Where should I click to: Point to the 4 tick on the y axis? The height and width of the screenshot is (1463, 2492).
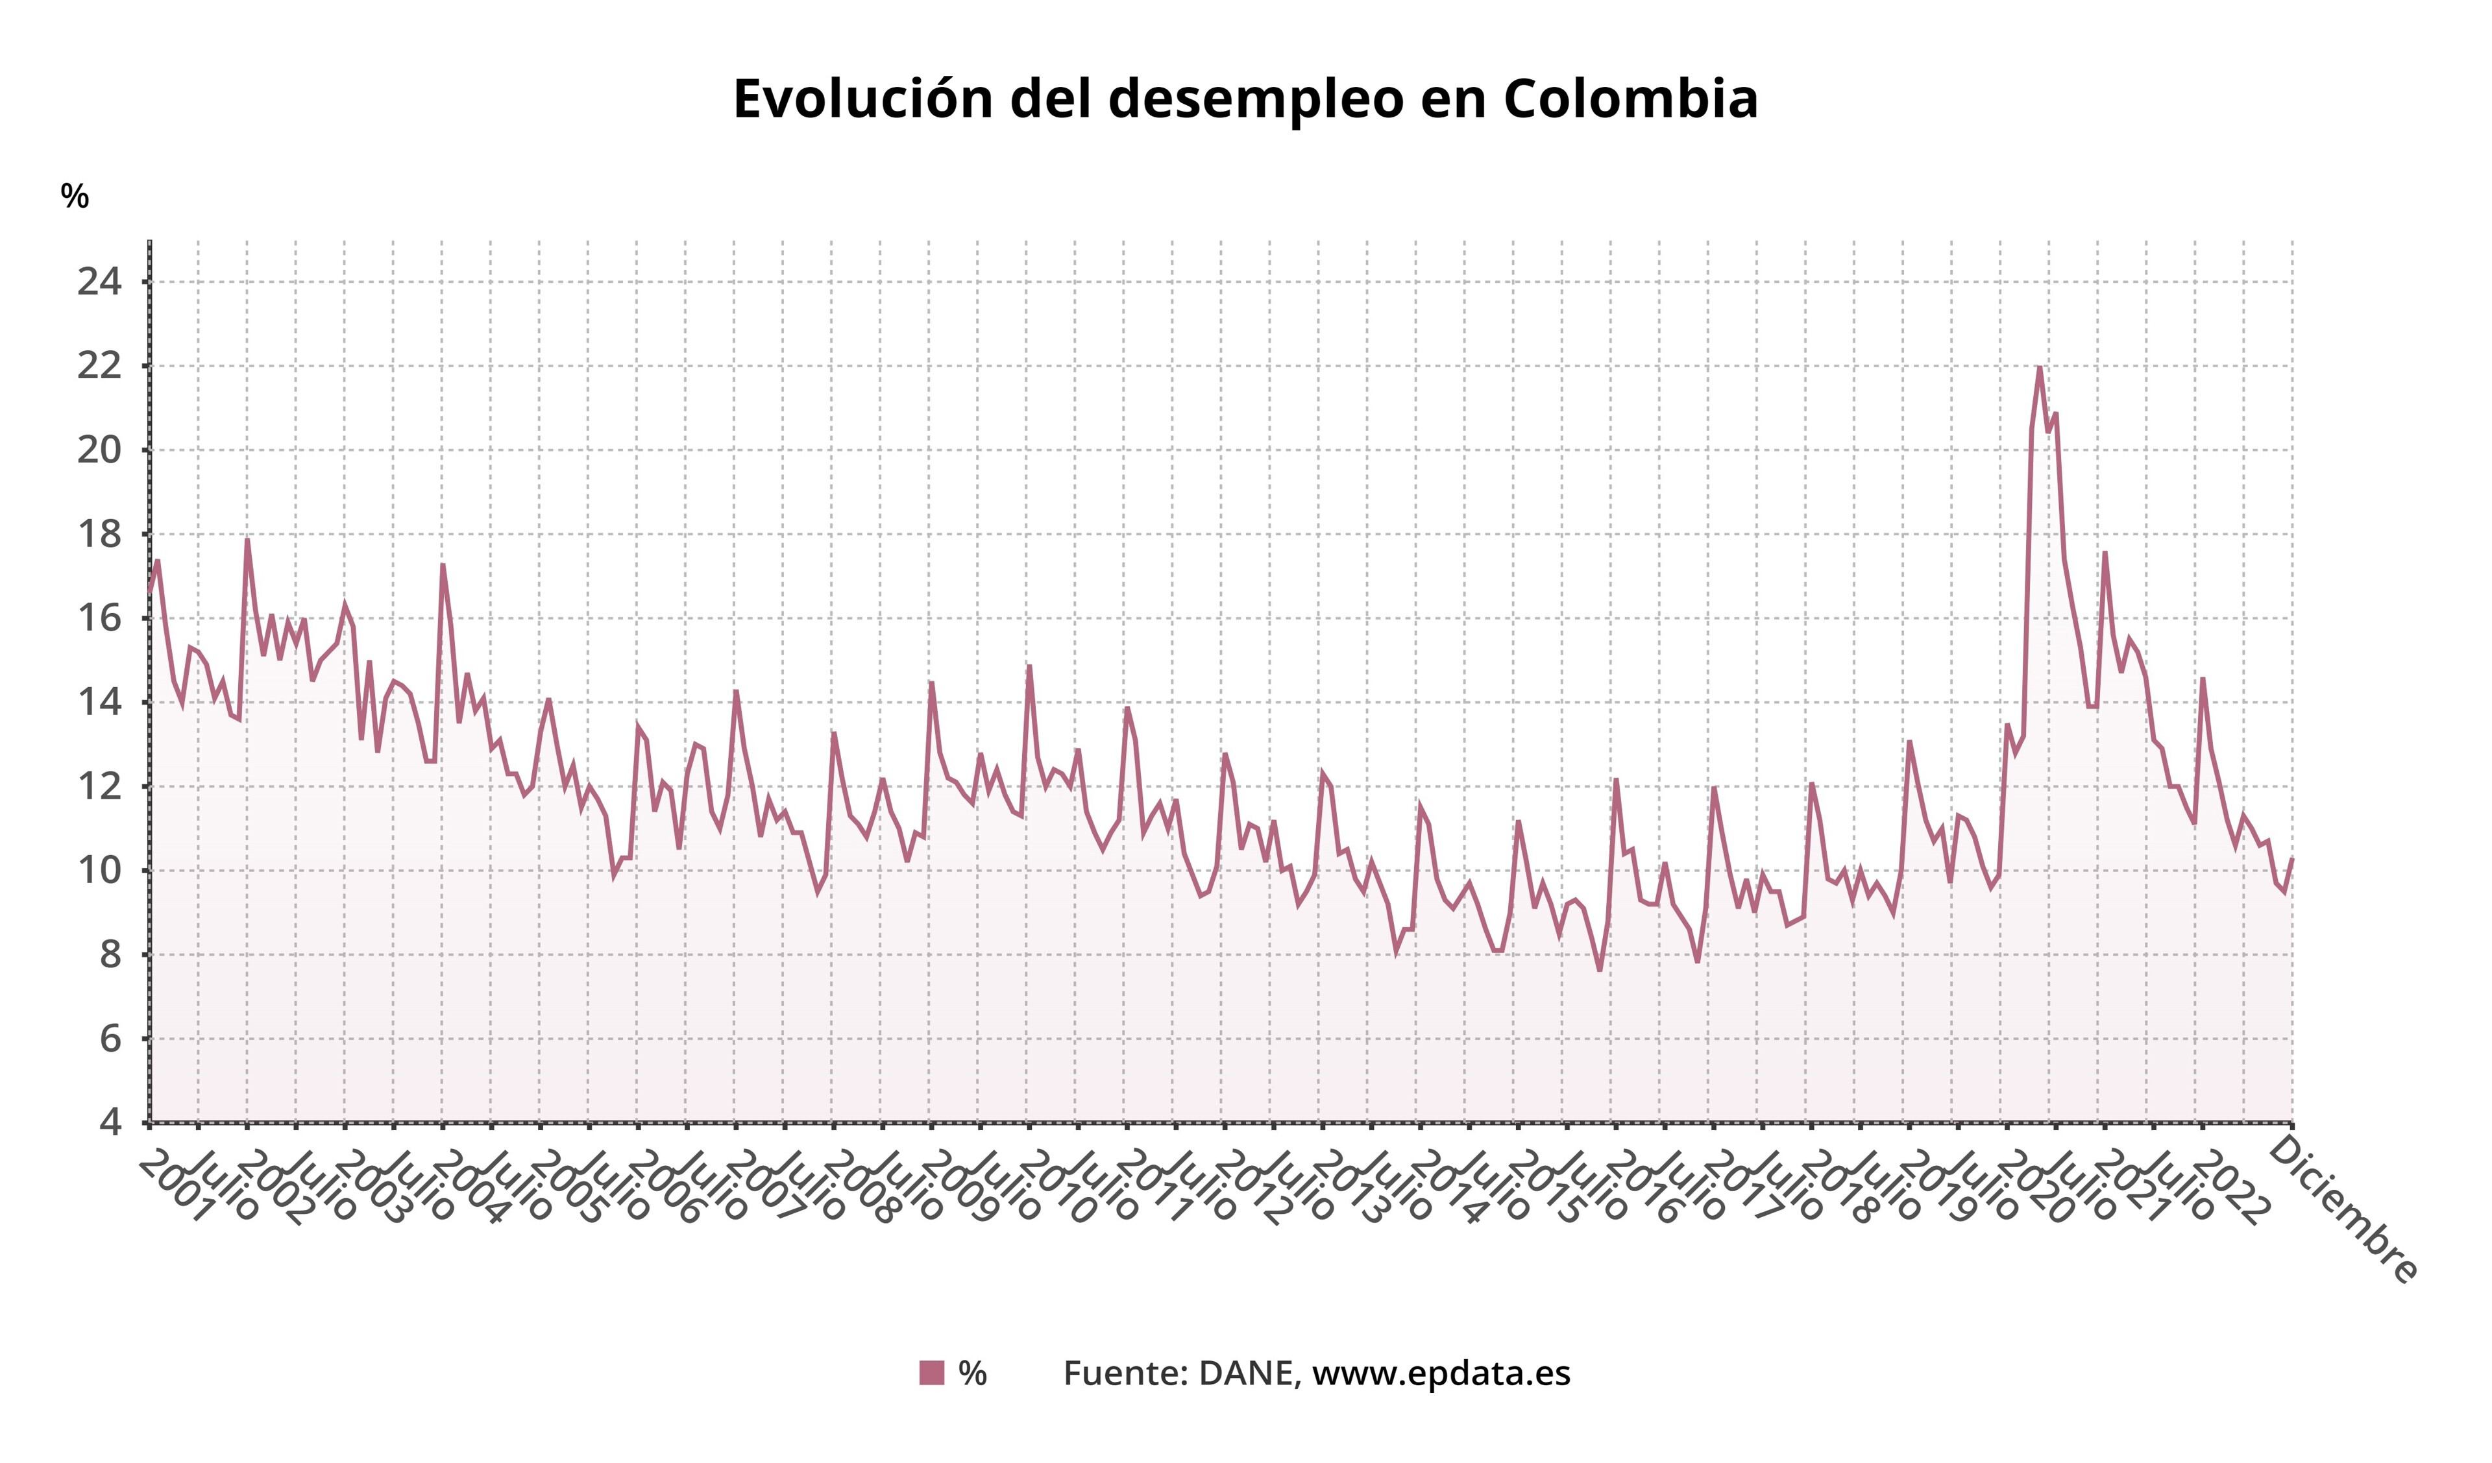click(x=109, y=1123)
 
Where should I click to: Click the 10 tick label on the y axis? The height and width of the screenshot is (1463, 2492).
click(x=99, y=871)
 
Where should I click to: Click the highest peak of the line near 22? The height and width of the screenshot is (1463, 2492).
click(x=2039, y=368)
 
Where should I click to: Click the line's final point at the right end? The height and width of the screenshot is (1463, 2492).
click(x=2291, y=858)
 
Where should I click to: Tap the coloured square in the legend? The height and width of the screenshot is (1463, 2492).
click(x=931, y=1373)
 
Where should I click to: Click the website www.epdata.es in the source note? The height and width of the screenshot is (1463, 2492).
click(x=1441, y=1373)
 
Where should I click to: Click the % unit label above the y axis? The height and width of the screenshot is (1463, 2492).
click(x=74, y=196)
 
